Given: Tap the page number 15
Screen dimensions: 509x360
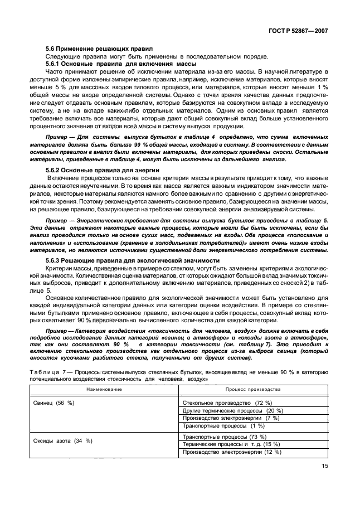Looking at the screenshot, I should click(x=324, y=468).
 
